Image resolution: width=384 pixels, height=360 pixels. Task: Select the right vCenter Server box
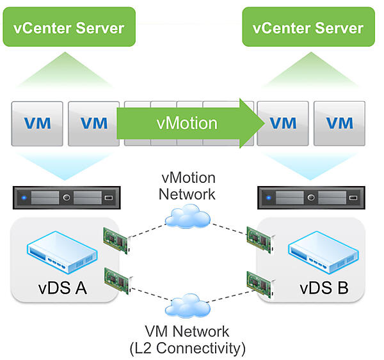pos(307,27)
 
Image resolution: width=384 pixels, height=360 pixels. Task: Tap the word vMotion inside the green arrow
pos(186,122)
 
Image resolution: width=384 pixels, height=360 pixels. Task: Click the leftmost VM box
pos(37,123)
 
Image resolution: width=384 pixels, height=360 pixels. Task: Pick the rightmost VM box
pos(339,123)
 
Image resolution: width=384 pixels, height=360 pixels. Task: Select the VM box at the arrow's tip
pos(283,123)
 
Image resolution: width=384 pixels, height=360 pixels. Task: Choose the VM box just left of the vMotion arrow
pos(93,123)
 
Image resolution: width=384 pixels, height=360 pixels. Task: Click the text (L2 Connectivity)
pos(187,348)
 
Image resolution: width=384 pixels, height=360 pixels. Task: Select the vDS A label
pos(63,288)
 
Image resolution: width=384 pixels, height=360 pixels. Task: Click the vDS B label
pos(324,288)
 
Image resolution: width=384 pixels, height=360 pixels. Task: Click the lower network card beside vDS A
pos(116,282)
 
